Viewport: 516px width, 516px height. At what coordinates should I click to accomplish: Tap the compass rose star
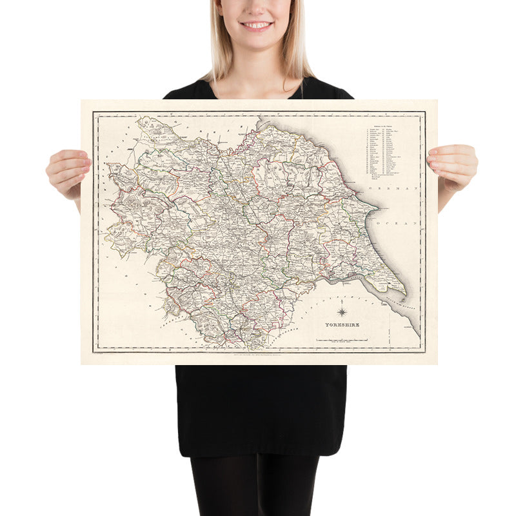click(x=341, y=313)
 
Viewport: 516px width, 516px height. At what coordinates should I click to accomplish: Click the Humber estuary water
click(x=348, y=281)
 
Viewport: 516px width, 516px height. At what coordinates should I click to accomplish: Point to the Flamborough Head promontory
click(x=377, y=210)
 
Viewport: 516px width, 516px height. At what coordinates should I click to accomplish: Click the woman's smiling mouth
click(x=257, y=25)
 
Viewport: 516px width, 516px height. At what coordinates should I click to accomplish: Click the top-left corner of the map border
click(x=94, y=114)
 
